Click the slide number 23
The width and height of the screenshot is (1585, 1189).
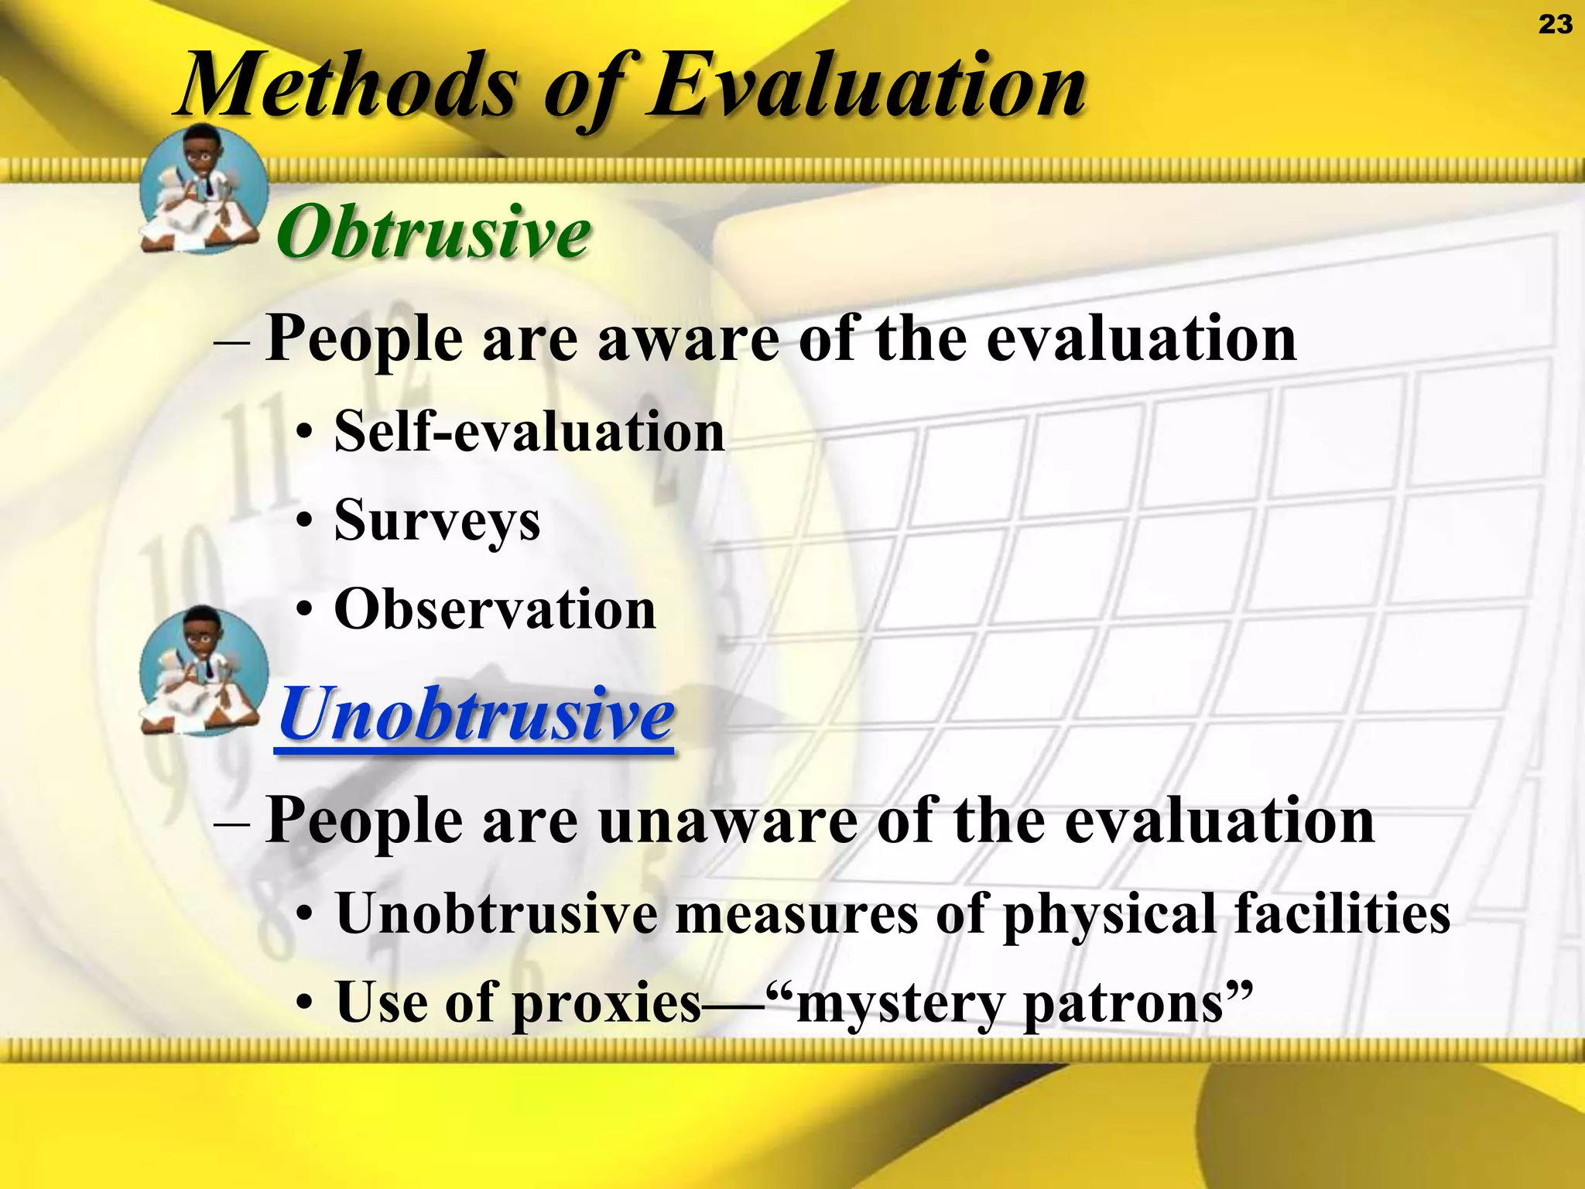[x=1555, y=25]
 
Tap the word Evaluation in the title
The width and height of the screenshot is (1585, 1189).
[x=867, y=85]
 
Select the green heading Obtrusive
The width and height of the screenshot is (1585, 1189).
[x=433, y=232]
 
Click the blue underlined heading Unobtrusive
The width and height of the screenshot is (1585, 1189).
[x=475, y=714]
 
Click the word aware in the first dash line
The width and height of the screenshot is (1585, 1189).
[x=688, y=341]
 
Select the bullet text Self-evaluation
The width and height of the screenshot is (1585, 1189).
[x=529, y=432]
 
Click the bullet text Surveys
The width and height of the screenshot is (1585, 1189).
[x=437, y=521]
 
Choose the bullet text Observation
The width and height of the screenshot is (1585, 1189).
[x=495, y=610]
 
